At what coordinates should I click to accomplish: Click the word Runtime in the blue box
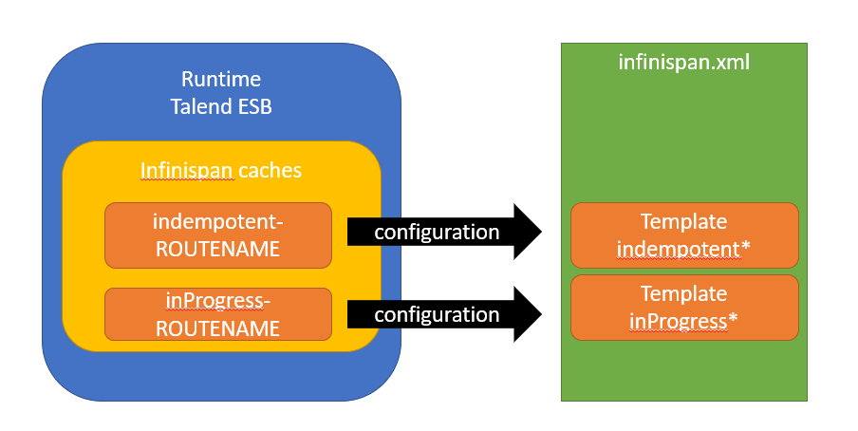tap(221, 80)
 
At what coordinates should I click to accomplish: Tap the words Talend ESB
tap(221, 106)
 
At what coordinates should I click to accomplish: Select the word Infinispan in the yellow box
tap(187, 170)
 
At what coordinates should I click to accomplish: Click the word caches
tap(270, 171)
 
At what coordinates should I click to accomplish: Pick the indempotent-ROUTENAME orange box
tap(218, 235)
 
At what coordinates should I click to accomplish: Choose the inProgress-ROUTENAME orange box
tap(218, 314)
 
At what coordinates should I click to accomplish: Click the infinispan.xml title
tap(684, 62)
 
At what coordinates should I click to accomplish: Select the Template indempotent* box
tap(684, 235)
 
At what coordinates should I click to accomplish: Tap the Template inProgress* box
tap(684, 308)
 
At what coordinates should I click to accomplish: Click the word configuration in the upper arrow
tap(437, 233)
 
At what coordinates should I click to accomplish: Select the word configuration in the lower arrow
tap(437, 315)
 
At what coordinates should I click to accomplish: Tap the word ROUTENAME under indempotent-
tap(217, 249)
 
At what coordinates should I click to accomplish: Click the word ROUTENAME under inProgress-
tap(217, 328)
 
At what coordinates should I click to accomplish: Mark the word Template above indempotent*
tap(684, 222)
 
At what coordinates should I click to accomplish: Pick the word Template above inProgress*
tap(684, 294)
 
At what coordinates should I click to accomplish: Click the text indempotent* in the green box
tap(683, 249)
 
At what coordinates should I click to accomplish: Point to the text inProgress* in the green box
tap(683, 322)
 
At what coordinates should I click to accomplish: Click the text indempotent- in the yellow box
tap(217, 222)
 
